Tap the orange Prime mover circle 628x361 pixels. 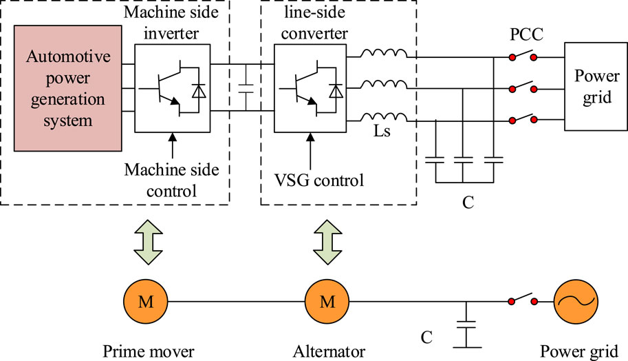click(x=143, y=302)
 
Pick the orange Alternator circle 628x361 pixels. click(x=325, y=302)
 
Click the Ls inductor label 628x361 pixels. click(x=392, y=131)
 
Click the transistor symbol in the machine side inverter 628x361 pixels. click(x=160, y=90)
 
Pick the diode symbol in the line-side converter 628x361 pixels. click(x=336, y=90)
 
